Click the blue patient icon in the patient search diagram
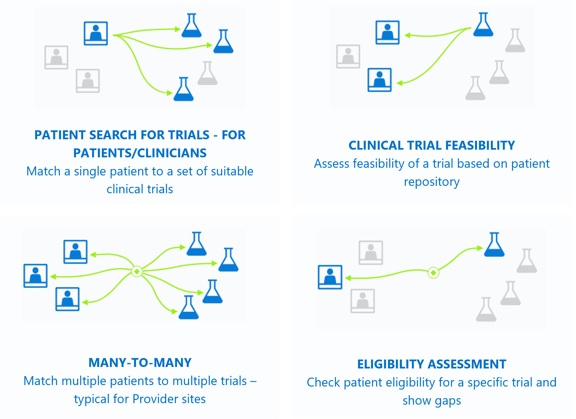tap(96, 33)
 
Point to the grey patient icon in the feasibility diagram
tap(348, 56)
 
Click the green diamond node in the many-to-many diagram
tap(137, 272)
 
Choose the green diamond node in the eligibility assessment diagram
tap(433, 273)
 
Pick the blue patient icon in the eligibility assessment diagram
tap(330, 277)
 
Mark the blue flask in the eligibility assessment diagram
tap(495, 244)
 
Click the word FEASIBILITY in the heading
tap(480, 145)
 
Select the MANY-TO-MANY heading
tap(140, 363)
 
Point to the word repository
tap(432, 182)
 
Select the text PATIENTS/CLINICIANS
tap(140, 153)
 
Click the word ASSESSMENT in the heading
tap(467, 364)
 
